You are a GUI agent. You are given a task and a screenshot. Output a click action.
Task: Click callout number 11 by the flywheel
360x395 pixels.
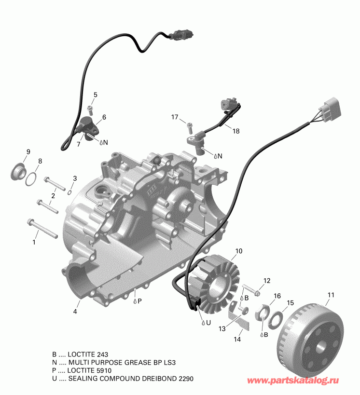pos(331,295)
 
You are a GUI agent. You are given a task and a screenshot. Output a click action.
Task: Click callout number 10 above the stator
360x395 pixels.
pos(238,252)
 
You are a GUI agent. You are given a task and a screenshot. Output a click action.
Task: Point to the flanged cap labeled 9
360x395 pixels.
pos(18,171)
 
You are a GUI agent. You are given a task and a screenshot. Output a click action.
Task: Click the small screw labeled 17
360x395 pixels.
pos(189,127)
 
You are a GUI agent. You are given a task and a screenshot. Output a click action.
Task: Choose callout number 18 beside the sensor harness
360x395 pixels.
pos(235,131)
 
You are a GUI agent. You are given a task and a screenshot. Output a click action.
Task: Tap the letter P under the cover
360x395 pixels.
pos(139,301)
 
